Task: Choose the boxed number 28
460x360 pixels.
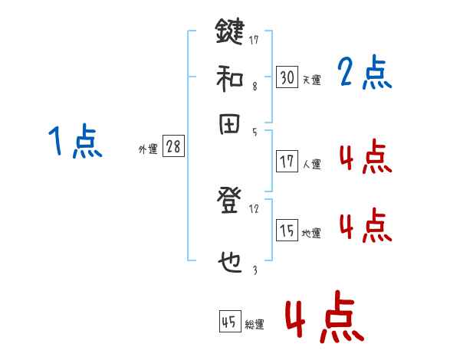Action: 174,147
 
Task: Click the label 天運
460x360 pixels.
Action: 311,80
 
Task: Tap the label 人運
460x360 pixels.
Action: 311,164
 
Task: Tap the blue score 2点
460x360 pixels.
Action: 364,74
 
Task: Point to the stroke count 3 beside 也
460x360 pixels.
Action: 255,269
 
